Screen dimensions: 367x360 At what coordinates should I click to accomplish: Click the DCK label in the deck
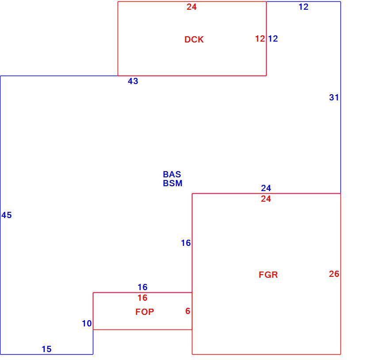click(194, 39)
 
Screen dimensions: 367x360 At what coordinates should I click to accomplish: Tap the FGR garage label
click(268, 275)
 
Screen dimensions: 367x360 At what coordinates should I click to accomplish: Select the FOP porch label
click(145, 311)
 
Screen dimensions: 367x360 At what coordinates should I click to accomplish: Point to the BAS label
click(172, 174)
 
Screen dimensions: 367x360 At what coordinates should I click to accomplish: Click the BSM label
click(172, 183)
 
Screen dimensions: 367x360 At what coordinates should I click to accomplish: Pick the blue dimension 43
click(133, 81)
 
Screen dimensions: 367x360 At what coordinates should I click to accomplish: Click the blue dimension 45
click(6, 215)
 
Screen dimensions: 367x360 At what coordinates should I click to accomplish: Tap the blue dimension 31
click(334, 97)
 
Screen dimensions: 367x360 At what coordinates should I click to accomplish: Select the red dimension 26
click(334, 274)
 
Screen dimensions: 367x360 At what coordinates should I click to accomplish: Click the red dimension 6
click(187, 311)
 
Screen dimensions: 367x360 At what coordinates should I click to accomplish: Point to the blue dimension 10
click(87, 323)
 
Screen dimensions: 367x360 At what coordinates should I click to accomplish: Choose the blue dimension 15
click(46, 349)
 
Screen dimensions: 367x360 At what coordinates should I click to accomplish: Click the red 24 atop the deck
click(191, 7)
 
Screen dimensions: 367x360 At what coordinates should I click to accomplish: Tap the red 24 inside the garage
click(266, 199)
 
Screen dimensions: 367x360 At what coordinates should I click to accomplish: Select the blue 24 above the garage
click(266, 188)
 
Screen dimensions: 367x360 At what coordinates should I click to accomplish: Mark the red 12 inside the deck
click(260, 38)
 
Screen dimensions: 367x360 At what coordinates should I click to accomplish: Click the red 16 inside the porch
click(142, 298)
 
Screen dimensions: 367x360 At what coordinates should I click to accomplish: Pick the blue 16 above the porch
click(142, 287)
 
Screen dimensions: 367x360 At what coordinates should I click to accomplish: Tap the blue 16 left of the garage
click(186, 243)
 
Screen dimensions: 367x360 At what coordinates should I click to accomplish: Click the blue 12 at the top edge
click(303, 7)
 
